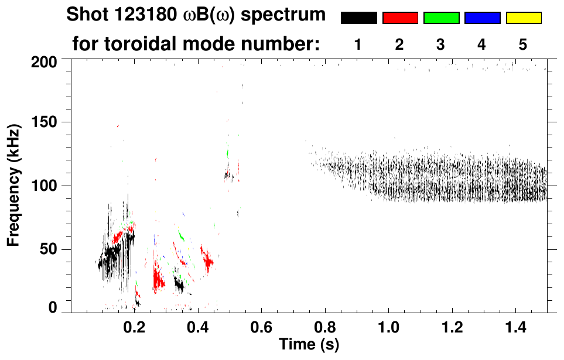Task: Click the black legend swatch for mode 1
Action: tap(358, 18)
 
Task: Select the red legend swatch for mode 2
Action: tap(400, 18)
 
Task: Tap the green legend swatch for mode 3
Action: tap(441, 18)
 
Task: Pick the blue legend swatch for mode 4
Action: tap(482, 18)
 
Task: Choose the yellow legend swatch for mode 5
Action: tap(524, 18)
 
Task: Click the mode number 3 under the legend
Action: tap(441, 44)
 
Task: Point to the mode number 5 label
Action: tap(524, 44)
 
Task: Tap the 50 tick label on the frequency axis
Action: tap(48, 249)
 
